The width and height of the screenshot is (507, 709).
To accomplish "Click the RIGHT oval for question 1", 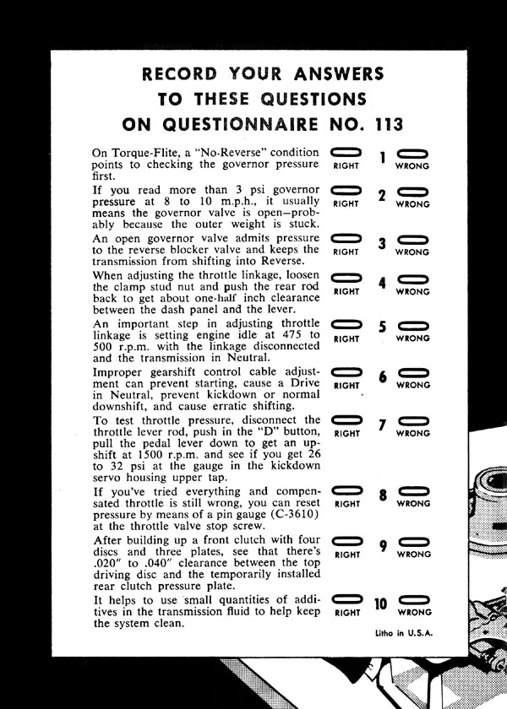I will point(346,152).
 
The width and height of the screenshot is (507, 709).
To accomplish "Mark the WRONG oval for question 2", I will point(413,190).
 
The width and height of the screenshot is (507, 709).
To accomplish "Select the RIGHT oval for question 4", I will point(346,278).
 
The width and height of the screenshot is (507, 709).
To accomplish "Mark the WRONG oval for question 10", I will point(413,599).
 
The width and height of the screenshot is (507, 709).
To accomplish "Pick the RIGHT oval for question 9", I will point(346,542).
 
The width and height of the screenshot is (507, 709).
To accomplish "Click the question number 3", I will point(382,245).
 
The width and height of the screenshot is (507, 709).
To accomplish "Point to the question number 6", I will point(382,377).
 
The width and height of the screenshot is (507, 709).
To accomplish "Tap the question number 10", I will point(380,604).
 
